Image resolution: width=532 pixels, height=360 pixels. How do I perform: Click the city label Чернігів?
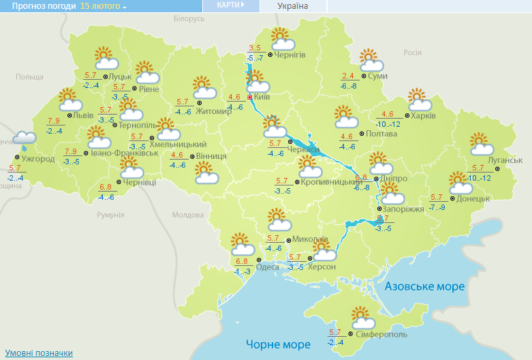pos(290,55)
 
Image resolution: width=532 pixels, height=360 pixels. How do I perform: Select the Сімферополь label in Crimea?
pos(381,335)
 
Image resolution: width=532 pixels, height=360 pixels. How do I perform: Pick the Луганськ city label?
pos(505,160)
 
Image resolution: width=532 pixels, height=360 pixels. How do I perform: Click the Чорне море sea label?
pos(278,344)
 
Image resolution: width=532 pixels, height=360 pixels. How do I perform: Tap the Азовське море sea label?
pos(424,286)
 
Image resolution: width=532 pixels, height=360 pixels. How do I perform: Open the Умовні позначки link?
pos(39,353)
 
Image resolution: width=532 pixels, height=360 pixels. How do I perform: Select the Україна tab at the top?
pos(293,6)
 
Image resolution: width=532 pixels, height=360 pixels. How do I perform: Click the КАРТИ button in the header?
pos(230,5)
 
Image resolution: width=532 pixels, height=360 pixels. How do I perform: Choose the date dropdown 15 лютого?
pos(104,5)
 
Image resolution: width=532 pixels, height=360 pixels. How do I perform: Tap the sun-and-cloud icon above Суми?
pos(369,59)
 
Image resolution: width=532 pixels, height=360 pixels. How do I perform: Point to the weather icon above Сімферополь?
pos(362,317)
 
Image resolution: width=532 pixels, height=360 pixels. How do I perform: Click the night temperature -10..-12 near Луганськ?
pos(482,178)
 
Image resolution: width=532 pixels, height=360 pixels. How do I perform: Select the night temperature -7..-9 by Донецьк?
pos(437,207)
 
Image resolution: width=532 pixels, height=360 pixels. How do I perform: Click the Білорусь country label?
pos(189,18)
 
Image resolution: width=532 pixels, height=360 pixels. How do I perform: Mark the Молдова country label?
pos(188,215)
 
